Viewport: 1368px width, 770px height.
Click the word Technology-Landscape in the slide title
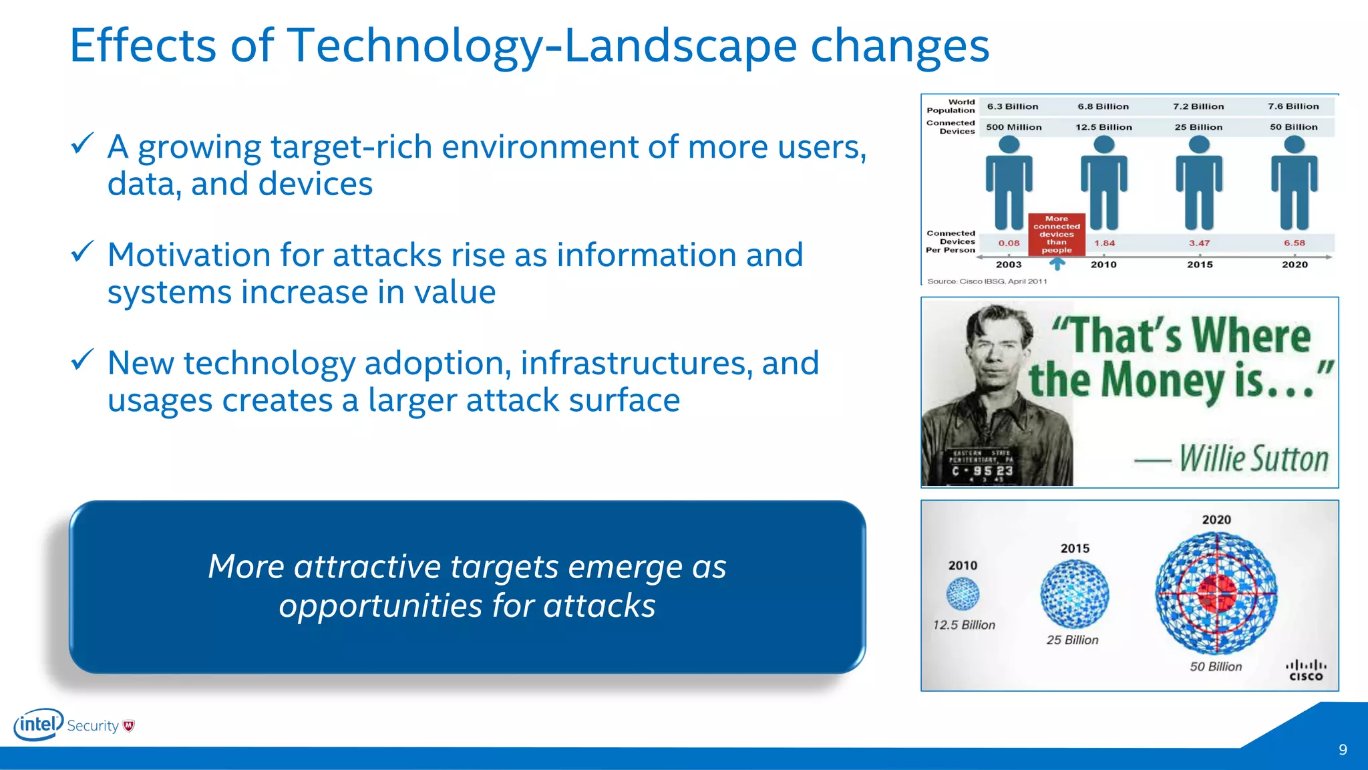coord(541,47)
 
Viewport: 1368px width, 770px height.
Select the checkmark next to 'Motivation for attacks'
coord(81,251)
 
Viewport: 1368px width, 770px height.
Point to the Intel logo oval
coord(39,725)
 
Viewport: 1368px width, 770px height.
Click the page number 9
coord(1343,750)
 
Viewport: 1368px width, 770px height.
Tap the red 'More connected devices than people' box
coord(1056,235)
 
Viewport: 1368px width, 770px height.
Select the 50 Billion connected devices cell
coord(1293,127)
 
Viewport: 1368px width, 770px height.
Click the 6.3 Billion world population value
coord(1013,106)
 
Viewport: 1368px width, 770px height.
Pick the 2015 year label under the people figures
coord(1200,265)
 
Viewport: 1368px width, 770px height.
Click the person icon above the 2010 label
coord(1103,183)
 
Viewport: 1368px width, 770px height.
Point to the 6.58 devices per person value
coord(1294,243)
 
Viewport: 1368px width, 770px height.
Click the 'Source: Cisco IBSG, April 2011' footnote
coord(987,281)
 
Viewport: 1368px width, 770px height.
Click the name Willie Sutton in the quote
coord(1253,459)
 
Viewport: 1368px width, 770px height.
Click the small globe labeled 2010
coord(963,594)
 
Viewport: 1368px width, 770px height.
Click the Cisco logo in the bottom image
coord(1305,670)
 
